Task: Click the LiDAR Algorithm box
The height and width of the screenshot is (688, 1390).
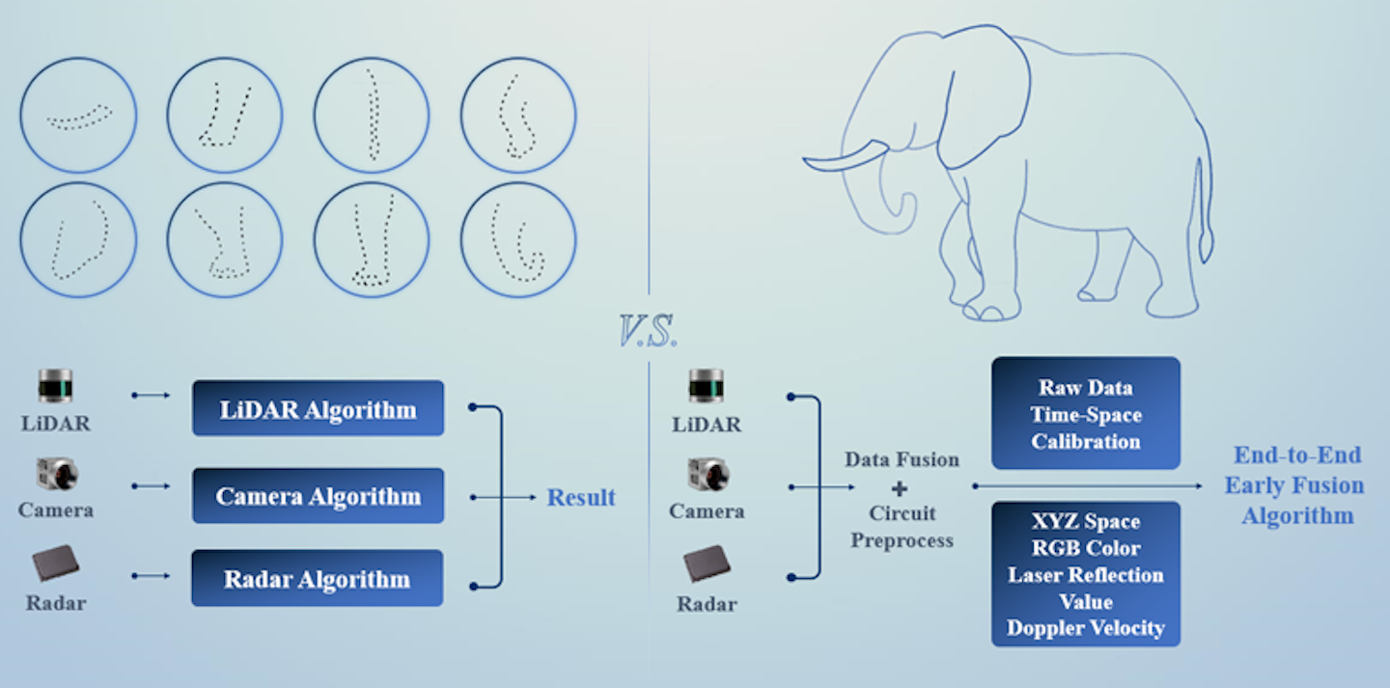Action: click(318, 408)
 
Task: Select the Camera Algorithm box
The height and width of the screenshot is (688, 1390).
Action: click(318, 496)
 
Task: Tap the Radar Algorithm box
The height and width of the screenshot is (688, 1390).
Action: click(317, 579)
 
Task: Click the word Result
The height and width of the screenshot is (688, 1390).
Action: click(581, 498)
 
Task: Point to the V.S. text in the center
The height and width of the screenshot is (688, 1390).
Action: click(649, 331)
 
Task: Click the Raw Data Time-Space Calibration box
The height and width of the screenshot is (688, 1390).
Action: click(1086, 414)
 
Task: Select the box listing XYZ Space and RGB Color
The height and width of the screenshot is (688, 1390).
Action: click(1086, 574)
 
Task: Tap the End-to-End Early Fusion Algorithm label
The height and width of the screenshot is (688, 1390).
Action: click(1296, 485)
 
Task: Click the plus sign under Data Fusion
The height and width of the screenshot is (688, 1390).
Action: click(901, 488)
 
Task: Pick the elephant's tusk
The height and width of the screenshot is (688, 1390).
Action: click(846, 156)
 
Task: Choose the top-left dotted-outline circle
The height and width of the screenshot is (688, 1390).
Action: click(78, 116)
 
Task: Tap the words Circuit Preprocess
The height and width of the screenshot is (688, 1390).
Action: click(902, 527)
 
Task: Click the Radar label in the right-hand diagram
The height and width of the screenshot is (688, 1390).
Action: click(707, 605)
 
